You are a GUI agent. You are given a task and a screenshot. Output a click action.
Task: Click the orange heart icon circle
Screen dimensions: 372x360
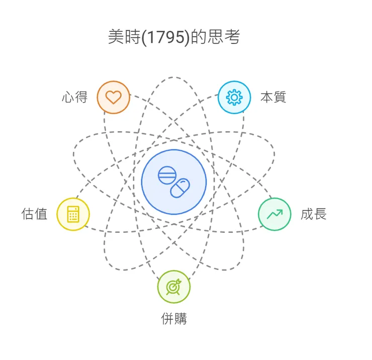(x=114, y=97)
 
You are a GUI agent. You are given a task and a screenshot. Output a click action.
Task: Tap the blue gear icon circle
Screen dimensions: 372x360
(x=234, y=97)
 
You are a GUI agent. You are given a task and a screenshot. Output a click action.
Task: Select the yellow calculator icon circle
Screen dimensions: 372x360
(x=73, y=214)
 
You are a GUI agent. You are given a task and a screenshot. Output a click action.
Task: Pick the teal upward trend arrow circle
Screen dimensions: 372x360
(x=274, y=214)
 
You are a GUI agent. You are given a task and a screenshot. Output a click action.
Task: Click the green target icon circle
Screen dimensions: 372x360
(x=174, y=287)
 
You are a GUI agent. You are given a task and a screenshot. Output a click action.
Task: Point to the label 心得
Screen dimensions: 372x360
(x=75, y=97)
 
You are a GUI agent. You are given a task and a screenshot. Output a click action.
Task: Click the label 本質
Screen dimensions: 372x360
(x=273, y=97)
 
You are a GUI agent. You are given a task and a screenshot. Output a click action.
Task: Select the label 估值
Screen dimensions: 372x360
(x=35, y=214)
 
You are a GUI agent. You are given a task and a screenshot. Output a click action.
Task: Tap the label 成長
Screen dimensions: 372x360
(x=314, y=214)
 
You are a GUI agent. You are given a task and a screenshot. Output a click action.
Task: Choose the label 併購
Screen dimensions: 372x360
(x=174, y=319)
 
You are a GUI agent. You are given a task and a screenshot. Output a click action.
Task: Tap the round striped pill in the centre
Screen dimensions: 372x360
(x=166, y=175)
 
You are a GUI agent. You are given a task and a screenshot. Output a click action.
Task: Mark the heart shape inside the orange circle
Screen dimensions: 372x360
(x=114, y=98)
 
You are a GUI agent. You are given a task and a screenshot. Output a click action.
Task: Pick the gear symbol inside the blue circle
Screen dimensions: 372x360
(x=234, y=97)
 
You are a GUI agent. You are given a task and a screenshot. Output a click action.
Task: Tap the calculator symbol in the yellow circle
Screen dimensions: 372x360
(x=73, y=214)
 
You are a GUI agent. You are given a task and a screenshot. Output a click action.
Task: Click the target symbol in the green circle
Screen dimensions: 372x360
(x=174, y=287)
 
